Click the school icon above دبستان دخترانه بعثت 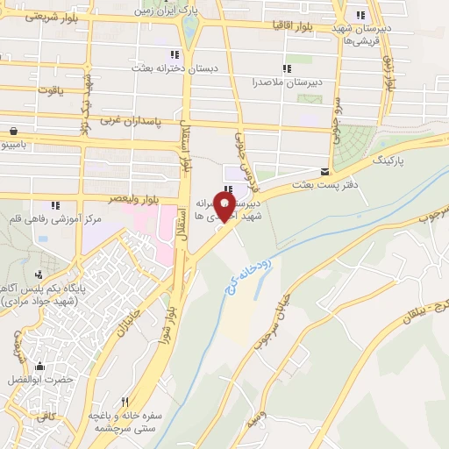tap(188, 51)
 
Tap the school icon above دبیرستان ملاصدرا tap(285, 68)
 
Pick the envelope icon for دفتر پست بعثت tap(326, 171)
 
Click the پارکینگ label tap(389, 162)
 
